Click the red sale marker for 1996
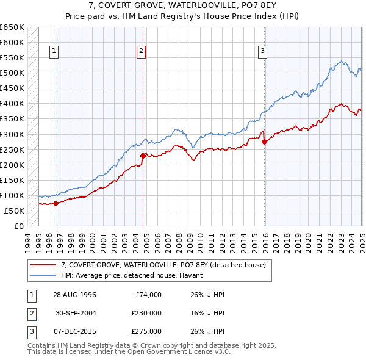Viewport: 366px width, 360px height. tap(56, 203)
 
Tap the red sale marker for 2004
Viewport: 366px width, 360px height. tap(142, 156)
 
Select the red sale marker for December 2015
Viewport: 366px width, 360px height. tap(264, 142)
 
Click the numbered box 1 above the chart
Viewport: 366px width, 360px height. tap(54, 52)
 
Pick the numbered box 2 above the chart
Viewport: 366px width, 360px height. tap(141, 52)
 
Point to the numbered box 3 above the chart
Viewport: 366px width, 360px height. tap(263, 52)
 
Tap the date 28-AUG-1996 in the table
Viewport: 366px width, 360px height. tap(74, 295)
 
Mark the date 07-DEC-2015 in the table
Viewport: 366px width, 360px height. tap(74, 331)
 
